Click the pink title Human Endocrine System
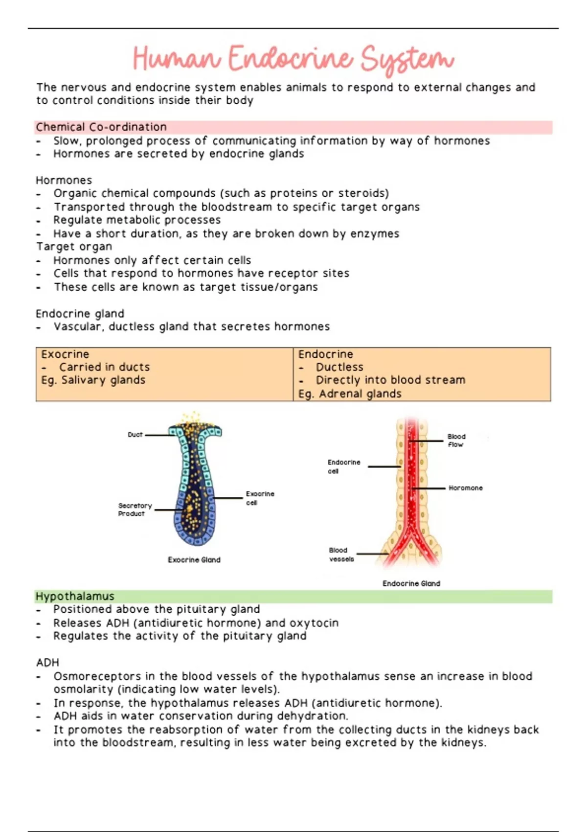click(293, 59)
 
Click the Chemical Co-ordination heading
click(101, 127)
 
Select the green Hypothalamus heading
click(75, 596)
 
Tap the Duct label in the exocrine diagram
click(135, 435)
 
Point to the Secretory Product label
click(135, 509)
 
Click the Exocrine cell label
click(260, 498)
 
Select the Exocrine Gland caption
click(194, 560)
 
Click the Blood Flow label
click(456, 440)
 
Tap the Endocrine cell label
click(343, 466)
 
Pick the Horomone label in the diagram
click(465, 488)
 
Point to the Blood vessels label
click(341, 555)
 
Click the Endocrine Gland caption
click(411, 583)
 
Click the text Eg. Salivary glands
click(93, 380)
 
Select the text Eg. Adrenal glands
click(350, 394)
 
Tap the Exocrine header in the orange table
click(65, 354)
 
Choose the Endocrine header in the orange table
click(325, 354)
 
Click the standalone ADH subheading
click(47, 663)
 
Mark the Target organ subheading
click(74, 247)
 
